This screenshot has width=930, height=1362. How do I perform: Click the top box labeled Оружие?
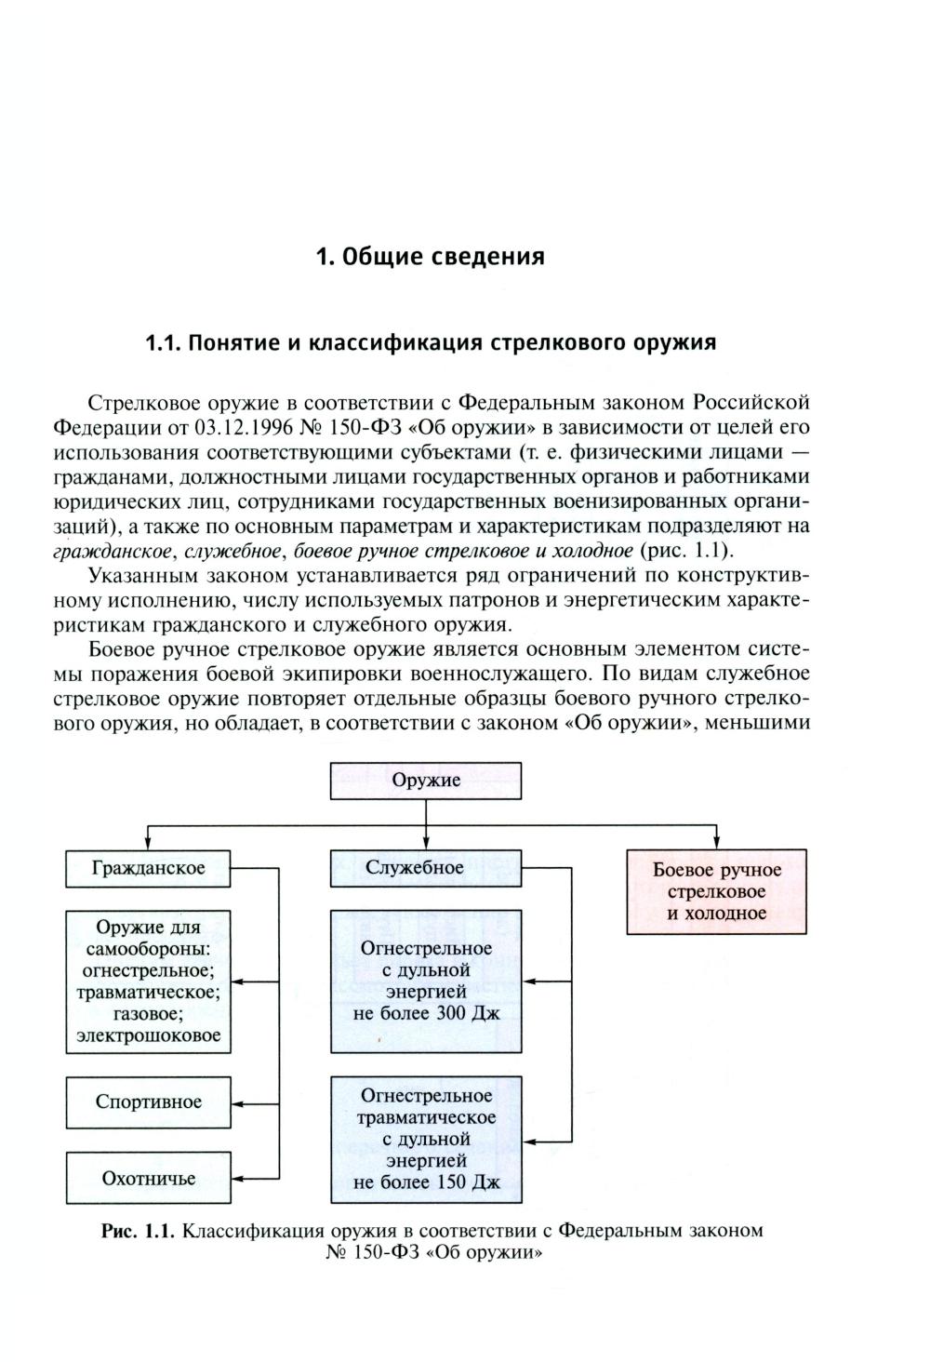click(426, 781)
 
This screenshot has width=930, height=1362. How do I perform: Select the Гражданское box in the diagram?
click(148, 869)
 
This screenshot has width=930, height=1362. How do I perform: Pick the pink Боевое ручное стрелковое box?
click(716, 891)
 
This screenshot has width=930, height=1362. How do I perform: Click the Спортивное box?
click(148, 1102)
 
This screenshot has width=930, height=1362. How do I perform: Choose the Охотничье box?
click(148, 1179)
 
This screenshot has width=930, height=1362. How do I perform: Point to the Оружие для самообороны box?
click(148, 981)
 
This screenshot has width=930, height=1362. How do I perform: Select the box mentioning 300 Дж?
click(426, 981)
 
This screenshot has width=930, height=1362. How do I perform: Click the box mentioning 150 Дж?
click(426, 1140)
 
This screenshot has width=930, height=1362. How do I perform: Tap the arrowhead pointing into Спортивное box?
click(238, 1102)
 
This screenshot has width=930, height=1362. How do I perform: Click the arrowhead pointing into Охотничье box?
click(238, 1179)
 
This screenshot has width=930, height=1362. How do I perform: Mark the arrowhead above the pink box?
click(716, 842)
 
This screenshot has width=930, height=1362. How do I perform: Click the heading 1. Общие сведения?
click(431, 256)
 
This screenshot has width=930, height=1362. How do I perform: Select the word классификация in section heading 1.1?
click(395, 342)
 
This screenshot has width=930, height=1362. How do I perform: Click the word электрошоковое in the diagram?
click(149, 1035)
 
